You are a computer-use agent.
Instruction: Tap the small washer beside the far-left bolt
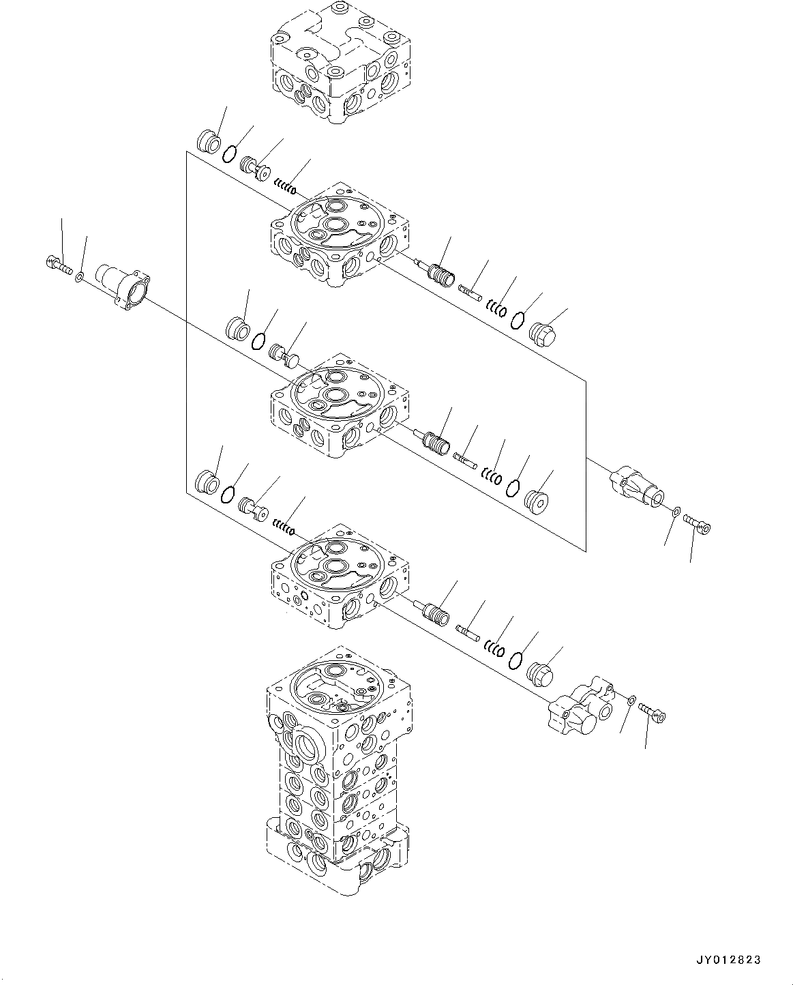tap(80, 277)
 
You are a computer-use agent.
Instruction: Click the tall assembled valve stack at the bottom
tap(337, 771)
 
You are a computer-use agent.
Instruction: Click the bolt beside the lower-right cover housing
tap(653, 713)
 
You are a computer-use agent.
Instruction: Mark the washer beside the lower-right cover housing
tap(632, 700)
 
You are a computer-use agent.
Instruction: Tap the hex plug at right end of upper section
tap(543, 333)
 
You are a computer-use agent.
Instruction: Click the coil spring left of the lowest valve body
tap(283, 526)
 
